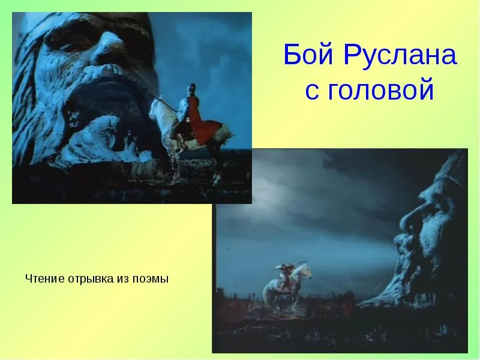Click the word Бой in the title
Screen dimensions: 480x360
(x=308, y=54)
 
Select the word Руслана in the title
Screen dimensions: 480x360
(x=400, y=55)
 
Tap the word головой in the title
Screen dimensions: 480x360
(x=381, y=89)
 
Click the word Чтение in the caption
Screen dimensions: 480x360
(x=46, y=279)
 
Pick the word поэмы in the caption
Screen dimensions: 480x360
(x=151, y=280)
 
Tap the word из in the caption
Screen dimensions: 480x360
(x=123, y=280)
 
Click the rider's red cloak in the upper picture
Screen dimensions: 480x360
(x=202, y=121)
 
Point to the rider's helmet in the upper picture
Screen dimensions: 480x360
(x=192, y=88)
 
